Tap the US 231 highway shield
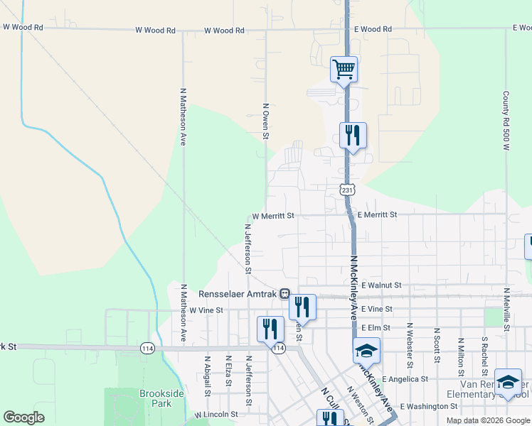click(x=346, y=190)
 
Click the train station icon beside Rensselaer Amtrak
click(x=284, y=293)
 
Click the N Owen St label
click(x=265, y=116)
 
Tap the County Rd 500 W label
click(x=506, y=121)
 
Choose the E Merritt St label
click(x=377, y=214)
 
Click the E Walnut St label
click(x=381, y=285)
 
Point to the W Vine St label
click(x=206, y=310)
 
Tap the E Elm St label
click(x=377, y=328)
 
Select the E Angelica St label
click(x=405, y=380)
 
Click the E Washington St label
click(x=429, y=406)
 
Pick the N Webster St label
click(x=410, y=346)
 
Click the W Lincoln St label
click(x=216, y=414)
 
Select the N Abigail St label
click(x=208, y=376)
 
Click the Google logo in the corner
click(x=23, y=417)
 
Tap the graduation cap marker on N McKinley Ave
click(x=366, y=351)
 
